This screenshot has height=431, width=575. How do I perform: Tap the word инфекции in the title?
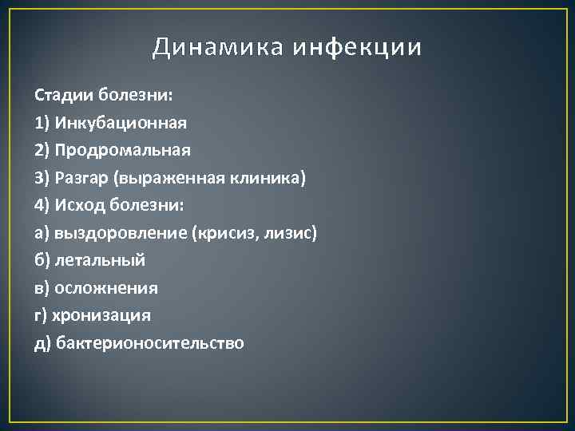click(356, 48)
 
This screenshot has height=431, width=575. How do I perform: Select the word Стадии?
click(65, 95)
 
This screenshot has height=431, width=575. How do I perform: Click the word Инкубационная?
click(121, 123)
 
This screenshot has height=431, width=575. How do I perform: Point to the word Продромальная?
click(123, 150)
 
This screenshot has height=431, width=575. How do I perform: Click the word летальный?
click(100, 260)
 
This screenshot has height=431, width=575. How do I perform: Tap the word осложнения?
click(106, 288)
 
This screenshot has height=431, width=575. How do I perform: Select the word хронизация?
click(102, 315)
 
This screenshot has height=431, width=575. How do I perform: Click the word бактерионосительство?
click(149, 343)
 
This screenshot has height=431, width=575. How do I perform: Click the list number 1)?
click(43, 123)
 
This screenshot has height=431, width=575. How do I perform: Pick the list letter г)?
click(42, 315)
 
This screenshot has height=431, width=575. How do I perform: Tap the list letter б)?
click(43, 260)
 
